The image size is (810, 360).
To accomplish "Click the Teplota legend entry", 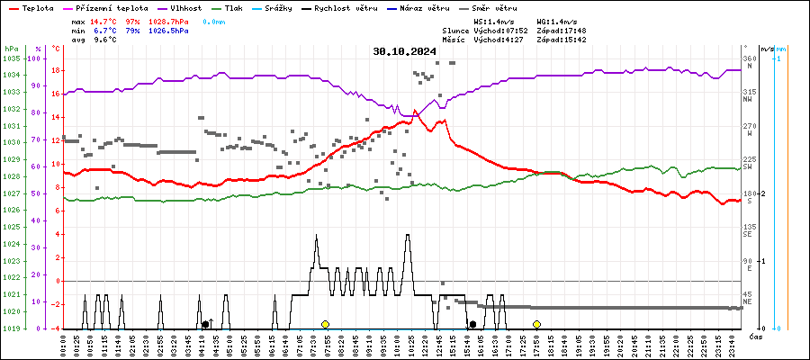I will (37, 7).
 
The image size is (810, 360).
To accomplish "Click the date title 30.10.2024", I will (404, 51).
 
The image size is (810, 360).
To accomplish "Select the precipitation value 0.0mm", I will (214, 21).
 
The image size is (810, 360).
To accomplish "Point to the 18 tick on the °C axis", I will (56, 70).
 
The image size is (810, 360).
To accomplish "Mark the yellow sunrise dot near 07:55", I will (325, 324).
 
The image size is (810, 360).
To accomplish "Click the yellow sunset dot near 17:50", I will (536, 324).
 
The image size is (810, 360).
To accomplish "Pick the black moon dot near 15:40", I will (472, 324).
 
